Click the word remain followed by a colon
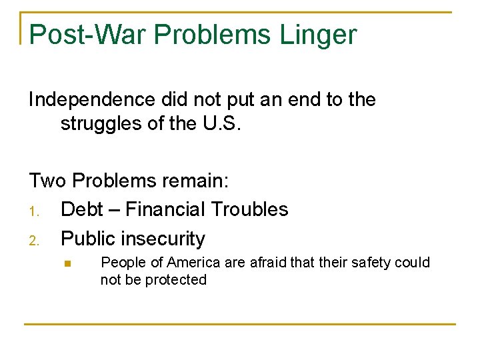[197, 181]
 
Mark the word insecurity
[165, 239]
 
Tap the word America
[194, 263]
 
